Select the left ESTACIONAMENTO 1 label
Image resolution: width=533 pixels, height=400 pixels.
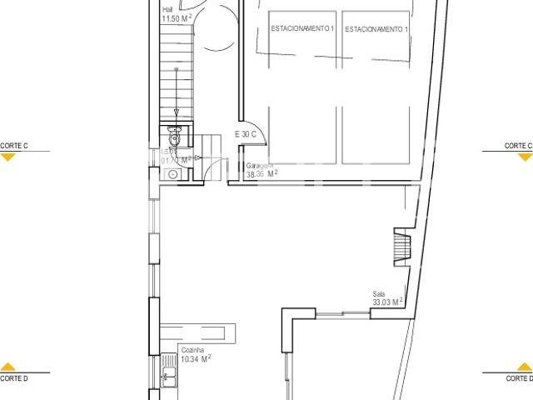point(303,29)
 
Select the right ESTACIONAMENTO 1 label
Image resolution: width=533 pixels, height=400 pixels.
point(376,29)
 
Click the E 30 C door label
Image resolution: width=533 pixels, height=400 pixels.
point(247,134)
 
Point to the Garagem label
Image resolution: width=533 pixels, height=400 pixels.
point(259,166)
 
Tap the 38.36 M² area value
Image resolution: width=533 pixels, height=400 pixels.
point(262,175)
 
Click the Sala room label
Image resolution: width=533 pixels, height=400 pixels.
point(380,293)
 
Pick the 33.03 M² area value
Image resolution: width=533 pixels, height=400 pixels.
point(388,302)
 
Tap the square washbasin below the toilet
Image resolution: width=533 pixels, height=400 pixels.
point(171,175)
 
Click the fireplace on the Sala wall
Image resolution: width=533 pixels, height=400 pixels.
point(402,247)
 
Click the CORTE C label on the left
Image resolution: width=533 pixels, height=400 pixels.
point(14,146)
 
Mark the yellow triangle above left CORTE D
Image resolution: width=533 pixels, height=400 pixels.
point(8,367)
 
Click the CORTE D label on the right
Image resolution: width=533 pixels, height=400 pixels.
point(518,378)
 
